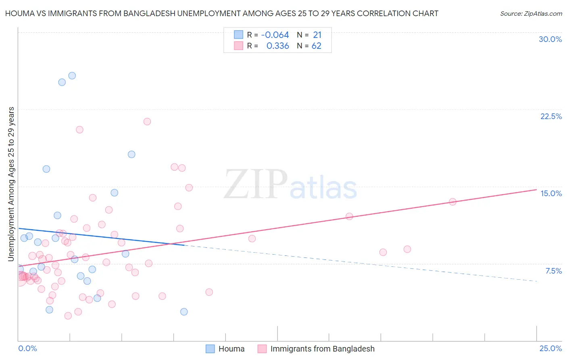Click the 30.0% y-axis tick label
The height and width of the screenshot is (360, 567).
click(550, 39)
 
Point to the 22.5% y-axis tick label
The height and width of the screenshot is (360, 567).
click(551, 116)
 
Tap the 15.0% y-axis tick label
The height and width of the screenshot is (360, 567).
click(551, 193)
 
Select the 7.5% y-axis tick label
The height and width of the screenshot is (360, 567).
click(553, 271)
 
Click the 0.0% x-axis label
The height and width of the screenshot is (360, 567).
click(27, 348)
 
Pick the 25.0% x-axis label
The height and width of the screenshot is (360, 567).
click(550, 348)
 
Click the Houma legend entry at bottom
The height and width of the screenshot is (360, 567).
click(231, 349)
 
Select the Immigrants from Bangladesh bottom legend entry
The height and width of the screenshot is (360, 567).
click(322, 349)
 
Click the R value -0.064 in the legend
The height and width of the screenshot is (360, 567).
click(275, 35)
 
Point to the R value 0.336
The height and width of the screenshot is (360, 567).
click(277, 46)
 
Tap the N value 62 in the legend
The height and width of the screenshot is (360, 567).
click(317, 46)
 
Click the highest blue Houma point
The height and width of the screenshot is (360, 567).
click(72, 75)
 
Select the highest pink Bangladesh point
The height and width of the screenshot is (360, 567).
click(147, 121)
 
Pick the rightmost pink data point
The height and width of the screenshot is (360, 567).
click(452, 202)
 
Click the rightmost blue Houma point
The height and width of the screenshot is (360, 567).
click(184, 312)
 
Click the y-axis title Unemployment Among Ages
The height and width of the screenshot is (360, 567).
click(11, 184)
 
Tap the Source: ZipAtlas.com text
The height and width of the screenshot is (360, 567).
click(531, 14)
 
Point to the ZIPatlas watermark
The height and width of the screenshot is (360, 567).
click(290, 185)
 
